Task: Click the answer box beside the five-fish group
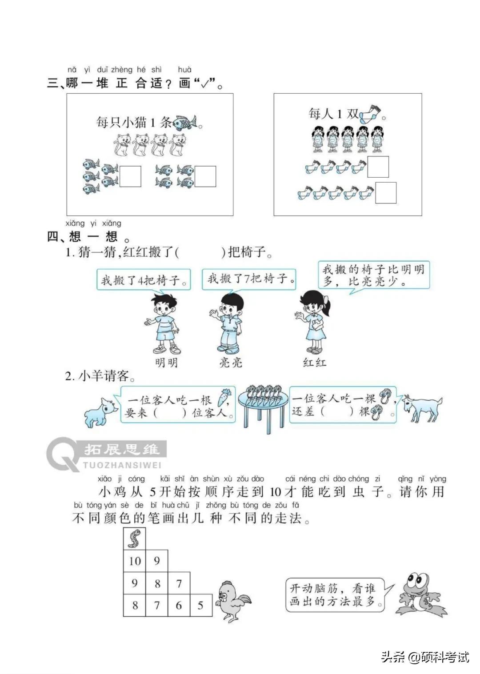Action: tap(130, 176)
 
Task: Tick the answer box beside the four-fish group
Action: tap(205, 176)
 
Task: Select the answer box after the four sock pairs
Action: tap(378, 167)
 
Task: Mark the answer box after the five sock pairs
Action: tap(386, 193)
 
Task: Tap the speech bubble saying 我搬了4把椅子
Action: tap(144, 280)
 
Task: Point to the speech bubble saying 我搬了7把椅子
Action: tap(249, 279)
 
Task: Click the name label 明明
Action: tap(166, 363)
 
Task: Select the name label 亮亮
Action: tap(231, 363)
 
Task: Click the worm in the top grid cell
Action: tap(134, 538)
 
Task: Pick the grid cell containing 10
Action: tap(134, 561)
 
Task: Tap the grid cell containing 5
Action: tap(201, 605)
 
